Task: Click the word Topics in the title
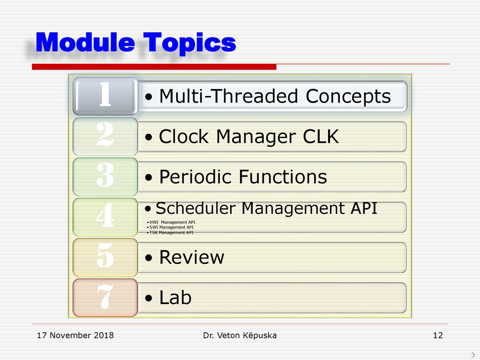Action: click(x=190, y=43)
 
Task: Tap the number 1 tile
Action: click(x=105, y=96)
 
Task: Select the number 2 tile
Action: click(x=105, y=136)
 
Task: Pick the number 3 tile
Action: click(x=105, y=177)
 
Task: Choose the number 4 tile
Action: click(x=105, y=217)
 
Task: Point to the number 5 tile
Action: click(x=105, y=257)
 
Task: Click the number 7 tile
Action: click(x=105, y=298)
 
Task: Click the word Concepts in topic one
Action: click(x=348, y=97)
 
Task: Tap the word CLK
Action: click(x=321, y=136)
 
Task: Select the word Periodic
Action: click(x=197, y=177)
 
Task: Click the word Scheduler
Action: click(x=196, y=209)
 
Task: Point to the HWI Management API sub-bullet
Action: click(x=171, y=222)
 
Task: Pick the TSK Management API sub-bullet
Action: click(x=170, y=232)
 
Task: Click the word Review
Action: click(x=192, y=257)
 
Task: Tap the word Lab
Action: click(x=175, y=297)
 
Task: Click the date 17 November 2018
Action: click(x=75, y=336)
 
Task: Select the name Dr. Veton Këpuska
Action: click(x=240, y=336)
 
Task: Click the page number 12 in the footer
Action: click(x=438, y=336)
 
